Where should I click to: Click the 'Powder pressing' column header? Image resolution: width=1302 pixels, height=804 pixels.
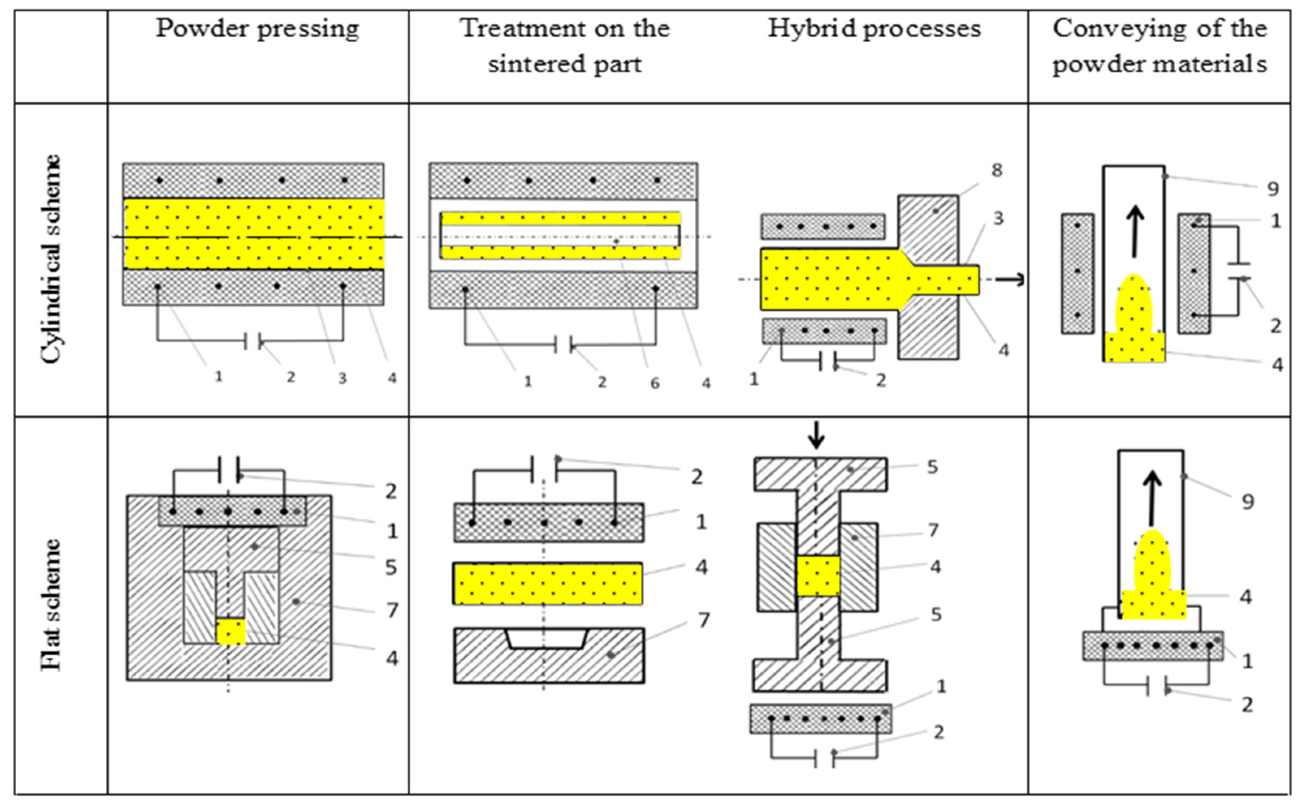coord(257,29)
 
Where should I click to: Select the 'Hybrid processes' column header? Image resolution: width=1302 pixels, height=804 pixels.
coord(874,29)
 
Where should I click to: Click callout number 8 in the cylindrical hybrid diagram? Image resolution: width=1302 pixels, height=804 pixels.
coord(997,170)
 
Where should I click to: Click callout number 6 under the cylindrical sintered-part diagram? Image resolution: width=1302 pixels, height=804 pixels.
coord(655,383)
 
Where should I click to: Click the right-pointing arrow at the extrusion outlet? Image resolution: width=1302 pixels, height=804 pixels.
coord(1009,279)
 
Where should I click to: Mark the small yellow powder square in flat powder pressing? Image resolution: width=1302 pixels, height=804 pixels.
coord(231,631)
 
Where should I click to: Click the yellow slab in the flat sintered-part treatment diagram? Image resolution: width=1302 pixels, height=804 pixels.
coord(547,584)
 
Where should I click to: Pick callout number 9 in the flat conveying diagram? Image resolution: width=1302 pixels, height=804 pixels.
coord(1248,501)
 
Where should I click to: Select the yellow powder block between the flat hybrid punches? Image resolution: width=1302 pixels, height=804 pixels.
coord(818,576)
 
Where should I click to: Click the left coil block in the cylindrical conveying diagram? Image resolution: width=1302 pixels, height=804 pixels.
coord(1078,274)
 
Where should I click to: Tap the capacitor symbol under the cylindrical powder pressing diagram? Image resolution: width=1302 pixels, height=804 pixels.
coord(253,341)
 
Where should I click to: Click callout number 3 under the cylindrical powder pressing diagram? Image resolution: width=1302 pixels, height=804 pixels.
coord(342,378)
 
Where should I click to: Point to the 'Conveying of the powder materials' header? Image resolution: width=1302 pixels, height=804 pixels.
coord(1159,46)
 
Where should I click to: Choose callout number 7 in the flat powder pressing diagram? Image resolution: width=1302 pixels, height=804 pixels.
coord(392,610)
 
